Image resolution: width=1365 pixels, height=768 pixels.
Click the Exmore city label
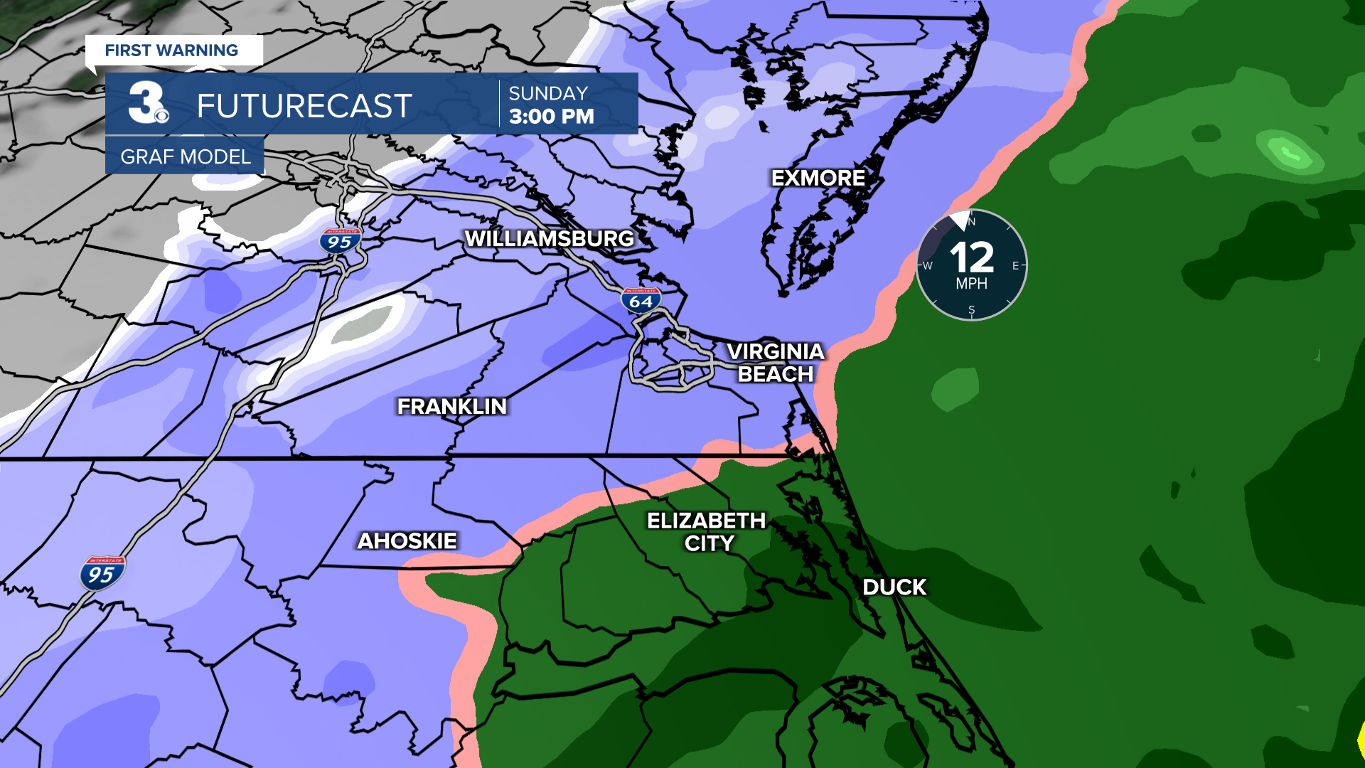818,178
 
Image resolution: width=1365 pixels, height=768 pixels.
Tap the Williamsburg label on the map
549,239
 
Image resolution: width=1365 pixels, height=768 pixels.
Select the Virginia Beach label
776,363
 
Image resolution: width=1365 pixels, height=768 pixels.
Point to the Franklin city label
452,406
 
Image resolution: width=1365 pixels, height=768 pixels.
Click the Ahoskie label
407,541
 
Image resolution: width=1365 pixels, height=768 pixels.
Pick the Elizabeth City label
707,532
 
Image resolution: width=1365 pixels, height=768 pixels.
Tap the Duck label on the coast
894,587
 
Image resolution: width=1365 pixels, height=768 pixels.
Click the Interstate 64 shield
641,301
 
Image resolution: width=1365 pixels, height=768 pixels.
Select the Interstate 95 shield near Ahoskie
102,574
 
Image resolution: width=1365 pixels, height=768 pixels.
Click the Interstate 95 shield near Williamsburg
341,242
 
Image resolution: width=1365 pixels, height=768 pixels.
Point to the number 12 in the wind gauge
971,257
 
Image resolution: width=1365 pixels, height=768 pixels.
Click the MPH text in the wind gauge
971,284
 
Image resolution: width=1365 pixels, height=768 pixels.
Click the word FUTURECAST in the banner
304,107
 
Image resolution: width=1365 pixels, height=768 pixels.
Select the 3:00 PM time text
552,117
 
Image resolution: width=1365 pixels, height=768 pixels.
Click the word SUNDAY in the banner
548,93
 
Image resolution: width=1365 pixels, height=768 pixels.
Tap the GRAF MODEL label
185,156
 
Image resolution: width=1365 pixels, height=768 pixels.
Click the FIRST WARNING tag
171,50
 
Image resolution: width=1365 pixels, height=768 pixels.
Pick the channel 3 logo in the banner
148,103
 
